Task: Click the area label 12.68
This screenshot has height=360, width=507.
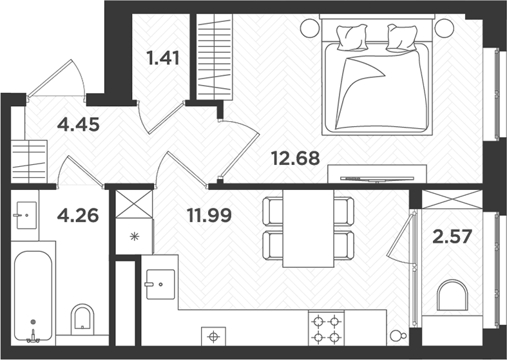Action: [295, 158]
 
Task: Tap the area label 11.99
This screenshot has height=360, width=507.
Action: [209, 214]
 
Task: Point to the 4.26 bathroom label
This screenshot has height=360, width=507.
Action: [78, 214]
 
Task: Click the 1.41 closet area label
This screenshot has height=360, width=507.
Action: [162, 59]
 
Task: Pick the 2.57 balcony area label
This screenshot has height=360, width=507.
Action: [452, 236]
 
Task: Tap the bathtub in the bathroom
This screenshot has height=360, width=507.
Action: [33, 296]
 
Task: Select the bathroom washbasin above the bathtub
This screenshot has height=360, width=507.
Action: [25, 213]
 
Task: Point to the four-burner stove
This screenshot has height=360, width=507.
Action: [325, 328]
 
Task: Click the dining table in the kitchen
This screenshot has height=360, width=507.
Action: [308, 228]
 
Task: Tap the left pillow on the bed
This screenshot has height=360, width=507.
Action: [352, 36]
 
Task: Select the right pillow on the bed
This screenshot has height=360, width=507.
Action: [403, 37]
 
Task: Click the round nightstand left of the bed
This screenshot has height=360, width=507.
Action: [309, 28]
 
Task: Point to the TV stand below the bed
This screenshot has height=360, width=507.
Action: [377, 174]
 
